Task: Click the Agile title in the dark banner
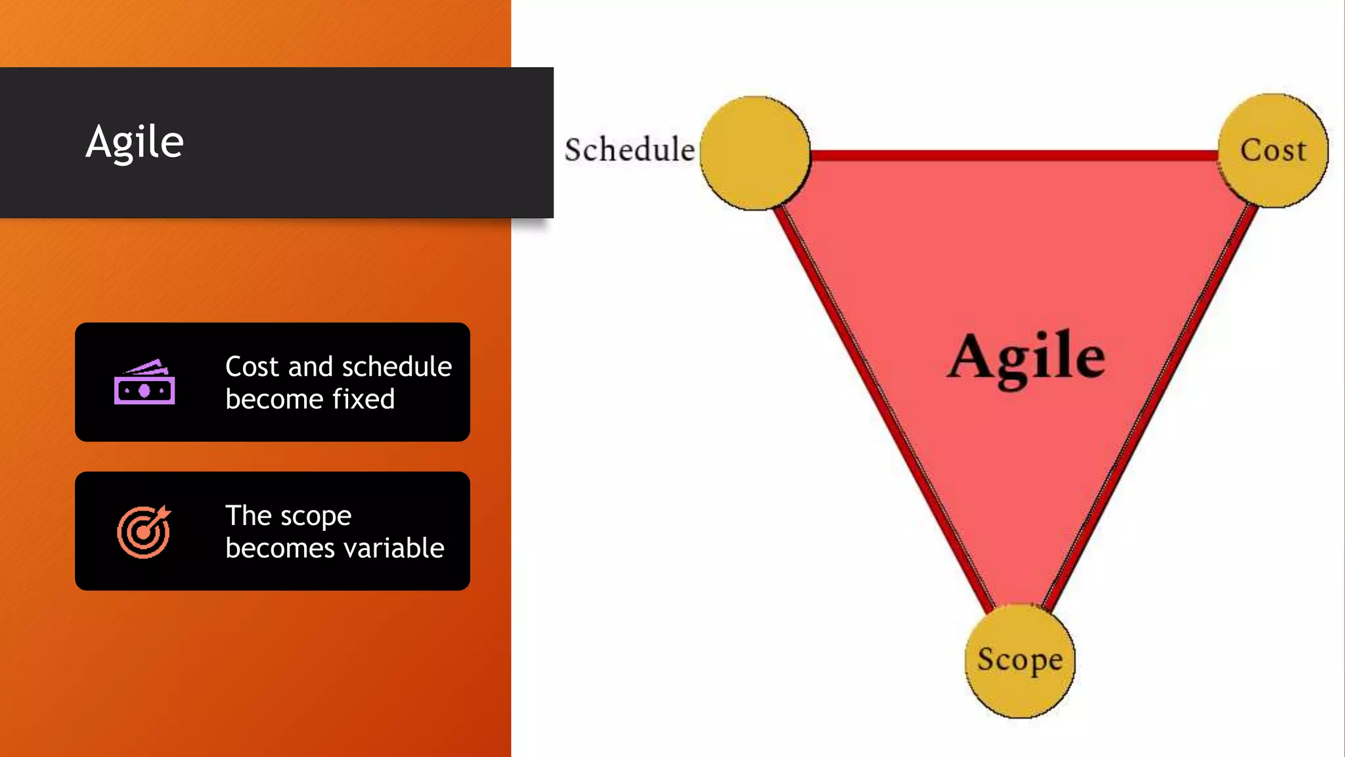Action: (x=135, y=142)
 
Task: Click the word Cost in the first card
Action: (x=252, y=367)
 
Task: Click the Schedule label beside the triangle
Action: (x=629, y=150)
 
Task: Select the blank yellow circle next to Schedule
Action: (x=755, y=153)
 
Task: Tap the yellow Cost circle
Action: (x=1273, y=150)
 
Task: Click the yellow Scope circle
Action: (x=1019, y=660)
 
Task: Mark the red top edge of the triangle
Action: (x=1014, y=156)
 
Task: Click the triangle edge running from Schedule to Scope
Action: (x=883, y=407)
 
